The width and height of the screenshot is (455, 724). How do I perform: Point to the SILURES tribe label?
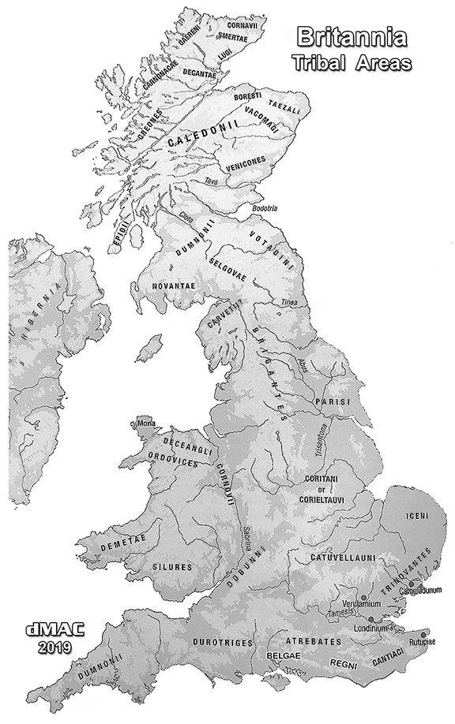(x=173, y=566)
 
